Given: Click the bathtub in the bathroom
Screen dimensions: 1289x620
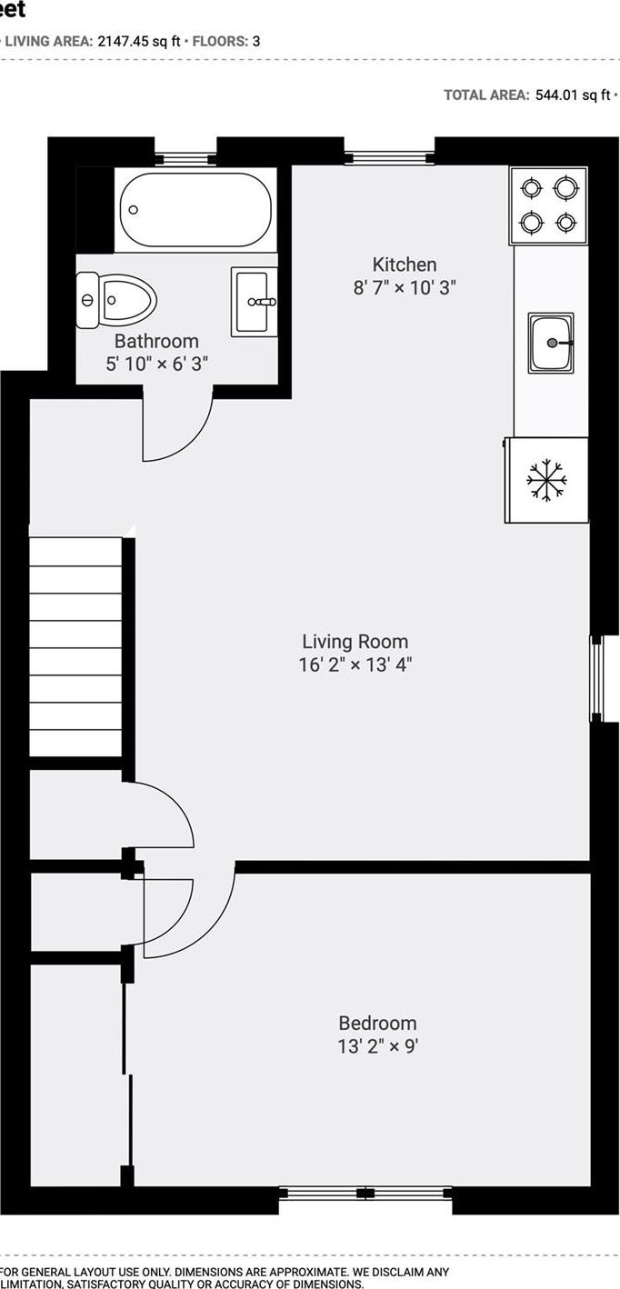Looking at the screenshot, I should [x=195, y=210].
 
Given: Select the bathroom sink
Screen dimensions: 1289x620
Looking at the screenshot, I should [x=254, y=301].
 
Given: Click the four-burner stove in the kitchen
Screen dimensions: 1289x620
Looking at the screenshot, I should [x=549, y=205].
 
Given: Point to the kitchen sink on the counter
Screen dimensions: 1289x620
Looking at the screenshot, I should [x=552, y=343].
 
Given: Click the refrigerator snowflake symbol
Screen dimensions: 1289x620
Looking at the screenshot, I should [x=546, y=479].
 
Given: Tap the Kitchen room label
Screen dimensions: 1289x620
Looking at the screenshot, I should [x=405, y=265].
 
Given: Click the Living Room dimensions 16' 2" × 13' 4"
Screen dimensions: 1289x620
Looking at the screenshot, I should [x=355, y=664].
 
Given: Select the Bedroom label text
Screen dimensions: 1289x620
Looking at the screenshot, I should [x=377, y=1023].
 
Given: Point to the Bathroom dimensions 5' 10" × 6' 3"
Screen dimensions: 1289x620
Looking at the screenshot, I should [x=156, y=364].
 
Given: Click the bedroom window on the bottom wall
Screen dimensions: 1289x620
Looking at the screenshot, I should [x=365, y=1192].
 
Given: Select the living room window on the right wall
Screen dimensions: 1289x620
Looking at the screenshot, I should [x=596, y=678].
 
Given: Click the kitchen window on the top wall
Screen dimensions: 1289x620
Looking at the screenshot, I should [x=388, y=158].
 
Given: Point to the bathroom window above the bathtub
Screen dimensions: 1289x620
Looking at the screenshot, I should [x=185, y=159].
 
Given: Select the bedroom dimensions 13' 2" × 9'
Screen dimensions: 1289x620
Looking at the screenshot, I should [x=377, y=1046].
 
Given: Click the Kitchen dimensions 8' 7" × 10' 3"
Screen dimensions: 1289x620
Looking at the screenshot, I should [x=405, y=288].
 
